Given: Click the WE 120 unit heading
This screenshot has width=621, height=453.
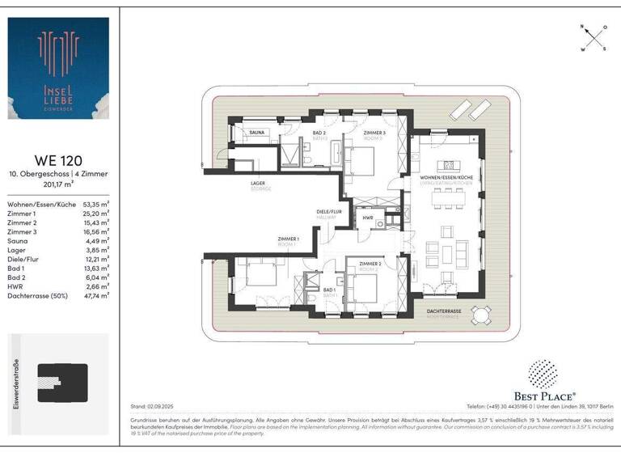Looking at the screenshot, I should pos(57,160).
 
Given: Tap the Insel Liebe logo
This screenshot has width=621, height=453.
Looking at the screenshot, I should pos(58,69).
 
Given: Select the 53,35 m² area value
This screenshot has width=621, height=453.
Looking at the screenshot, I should pos(97,205).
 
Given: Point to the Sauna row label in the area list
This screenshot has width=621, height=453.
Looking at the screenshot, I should pos(18,240).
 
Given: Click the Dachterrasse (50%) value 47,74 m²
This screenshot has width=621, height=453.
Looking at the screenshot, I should pos(97,296).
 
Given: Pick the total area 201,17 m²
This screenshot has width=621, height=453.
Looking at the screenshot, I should pos(57,184).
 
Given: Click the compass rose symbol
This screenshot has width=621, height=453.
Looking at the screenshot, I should pos(593,37).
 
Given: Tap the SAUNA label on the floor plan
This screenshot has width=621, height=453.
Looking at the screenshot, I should pos(257,132).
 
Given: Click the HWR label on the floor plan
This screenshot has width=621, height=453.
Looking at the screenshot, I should pos(368,218).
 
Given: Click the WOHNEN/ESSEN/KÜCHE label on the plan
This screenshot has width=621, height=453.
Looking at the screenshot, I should pos(446,177).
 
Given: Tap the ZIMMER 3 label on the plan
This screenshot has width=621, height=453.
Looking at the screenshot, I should pos(374,133).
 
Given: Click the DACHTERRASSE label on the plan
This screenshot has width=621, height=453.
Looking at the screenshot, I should pos(445,311).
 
